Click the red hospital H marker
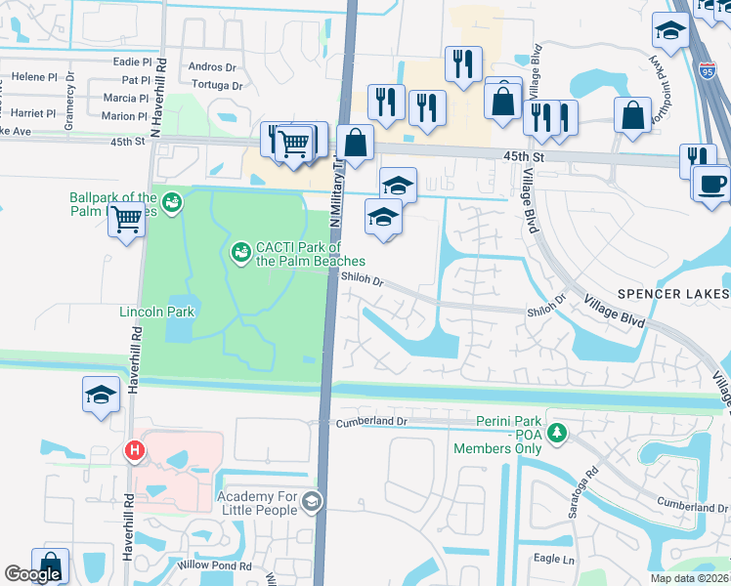click(x=134, y=450)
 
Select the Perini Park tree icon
click(x=556, y=431)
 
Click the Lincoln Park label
click(x=157, y=312)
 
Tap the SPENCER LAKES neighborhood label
click(x=673, y=294)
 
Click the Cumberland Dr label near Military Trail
click(x=370, y=422)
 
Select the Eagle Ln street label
click(x=553, y=559)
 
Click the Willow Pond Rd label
click(x=215, y=565)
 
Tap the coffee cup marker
click(x=710, y=184)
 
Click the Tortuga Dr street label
click(x=216, y=86)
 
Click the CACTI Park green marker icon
click(x=239, y=253)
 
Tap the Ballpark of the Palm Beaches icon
click(x=172, y=202)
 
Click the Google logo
click(x=32, y=574)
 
